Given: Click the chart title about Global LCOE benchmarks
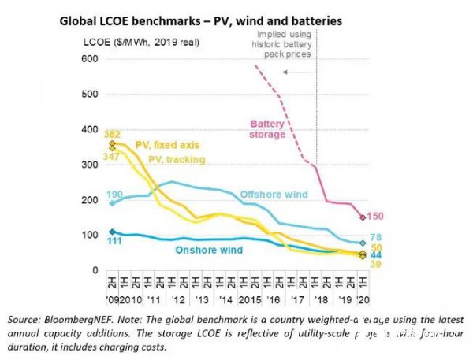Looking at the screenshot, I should pos(200,22).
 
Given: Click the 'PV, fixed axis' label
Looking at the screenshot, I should pos(167,145).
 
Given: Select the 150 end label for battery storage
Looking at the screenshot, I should pos(378,217).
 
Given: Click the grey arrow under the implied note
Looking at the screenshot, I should pos(297,72).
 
